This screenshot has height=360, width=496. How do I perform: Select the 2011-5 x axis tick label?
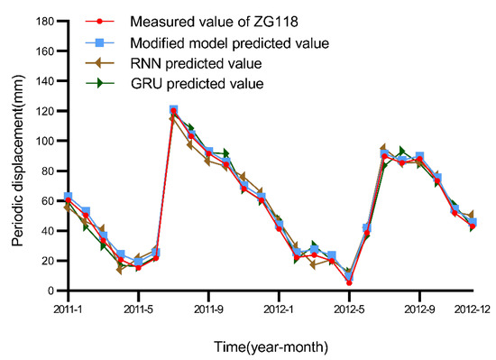tap(137, 307)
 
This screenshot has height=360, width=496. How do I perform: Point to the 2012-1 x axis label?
tap(279, 307)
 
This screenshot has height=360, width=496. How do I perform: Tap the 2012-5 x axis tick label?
tap(349, 307)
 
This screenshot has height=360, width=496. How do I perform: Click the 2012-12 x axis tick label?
tap(471, 307)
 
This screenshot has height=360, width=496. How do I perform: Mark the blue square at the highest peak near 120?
tap(173, 110)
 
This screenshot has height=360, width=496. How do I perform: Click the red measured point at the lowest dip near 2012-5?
tap(349, 282)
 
